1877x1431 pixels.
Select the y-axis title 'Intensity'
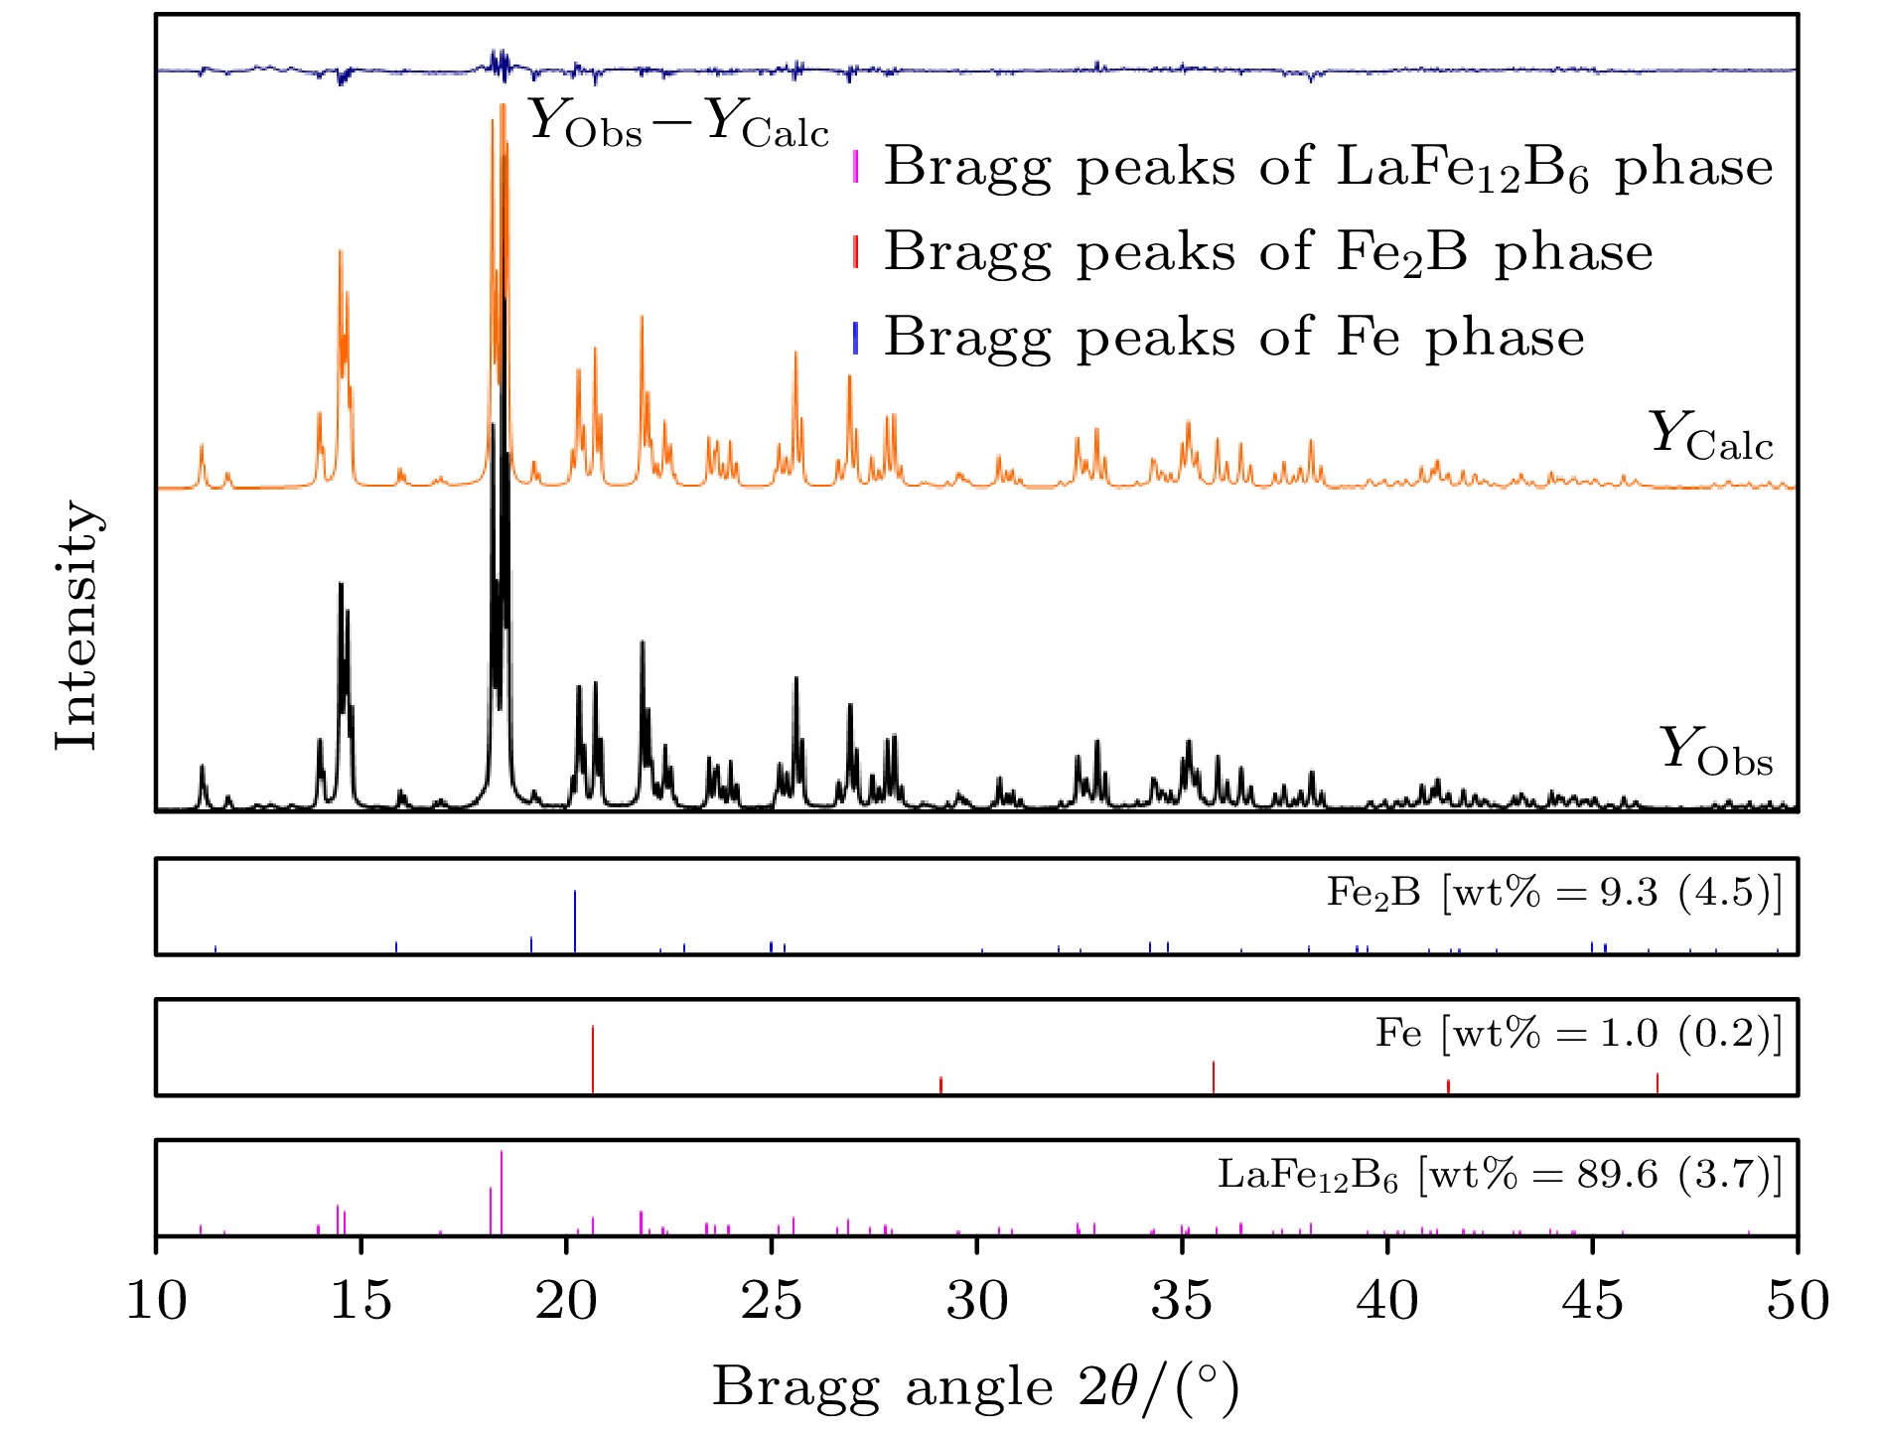click(x=77, y=626)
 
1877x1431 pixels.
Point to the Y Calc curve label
click(x=1710, y=438)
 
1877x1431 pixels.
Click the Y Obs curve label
click(x=1715, y=752)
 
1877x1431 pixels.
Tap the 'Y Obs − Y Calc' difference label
click(x=677, y=125)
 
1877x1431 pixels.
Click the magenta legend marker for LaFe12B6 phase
click(x=855, y=167)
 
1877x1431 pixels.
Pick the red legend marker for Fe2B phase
click(x=855, y=252)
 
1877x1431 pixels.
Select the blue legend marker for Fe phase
click(x=855, y=338)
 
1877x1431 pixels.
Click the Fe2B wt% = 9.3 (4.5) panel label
click(x=1554, y=893)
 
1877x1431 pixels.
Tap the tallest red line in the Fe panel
click(x=593, y=1059)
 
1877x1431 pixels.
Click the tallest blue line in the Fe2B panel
click(x=575, y=921)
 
